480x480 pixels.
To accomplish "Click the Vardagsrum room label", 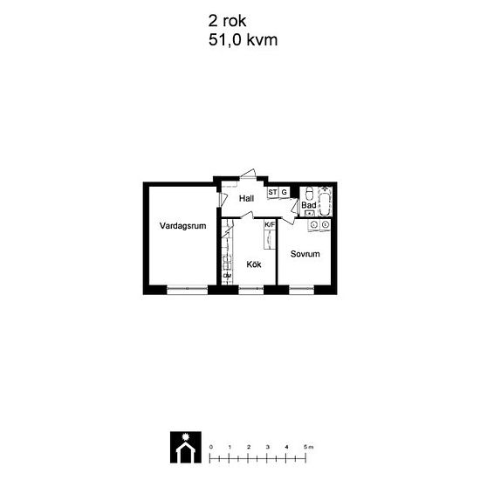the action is pos(182,226).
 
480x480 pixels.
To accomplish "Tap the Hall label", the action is pos(246,199).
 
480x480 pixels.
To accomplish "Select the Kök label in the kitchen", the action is pos(254,264).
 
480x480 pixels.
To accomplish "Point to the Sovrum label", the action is pos(305,254).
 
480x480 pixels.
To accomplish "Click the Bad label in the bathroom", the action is pos(309,205).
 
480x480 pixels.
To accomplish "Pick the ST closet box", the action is pos(272,192).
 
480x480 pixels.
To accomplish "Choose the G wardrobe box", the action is pos(285,192).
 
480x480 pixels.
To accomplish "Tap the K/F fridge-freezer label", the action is pos(270,224).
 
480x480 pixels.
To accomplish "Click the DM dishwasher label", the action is pos(227,276).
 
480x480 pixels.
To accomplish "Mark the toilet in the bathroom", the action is pos(310,193).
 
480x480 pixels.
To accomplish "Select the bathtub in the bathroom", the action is pos(325,202).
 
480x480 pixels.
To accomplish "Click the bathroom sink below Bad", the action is pos(310,213).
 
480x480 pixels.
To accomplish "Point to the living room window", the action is pos(188,289).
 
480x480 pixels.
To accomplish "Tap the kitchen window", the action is pos(251,289).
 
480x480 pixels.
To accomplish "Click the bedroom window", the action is pos(302,289).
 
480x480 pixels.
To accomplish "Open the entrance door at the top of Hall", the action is pos(248,175).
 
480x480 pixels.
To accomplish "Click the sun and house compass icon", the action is pos(186,447).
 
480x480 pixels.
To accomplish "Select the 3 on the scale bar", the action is pos(268,447).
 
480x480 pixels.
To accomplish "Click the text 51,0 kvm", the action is pos(243,40).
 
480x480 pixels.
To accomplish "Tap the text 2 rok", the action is pos(227,21).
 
